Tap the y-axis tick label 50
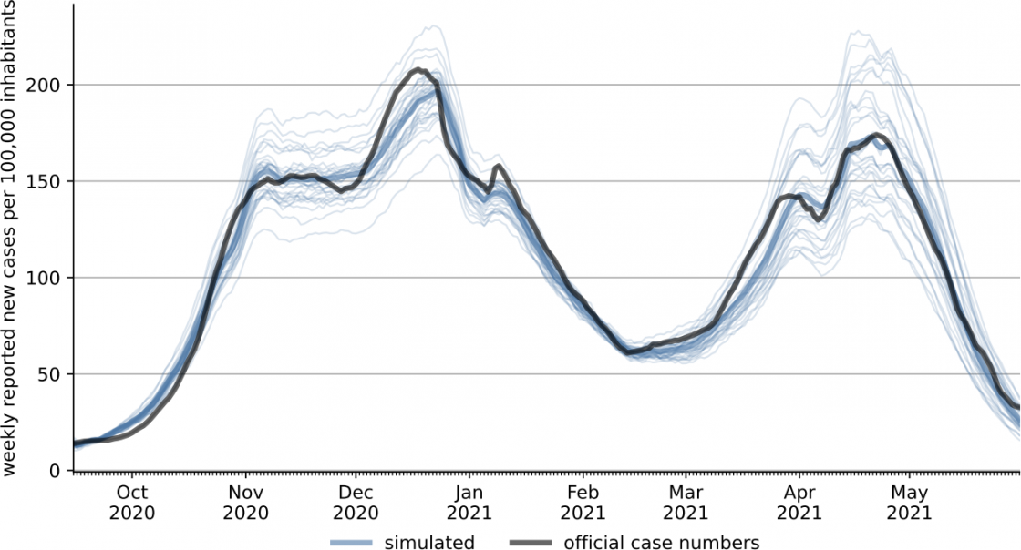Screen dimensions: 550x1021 tap(51, 374)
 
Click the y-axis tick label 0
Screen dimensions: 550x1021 tap(56, 471)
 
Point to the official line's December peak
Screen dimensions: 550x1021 tap(418, 69)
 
